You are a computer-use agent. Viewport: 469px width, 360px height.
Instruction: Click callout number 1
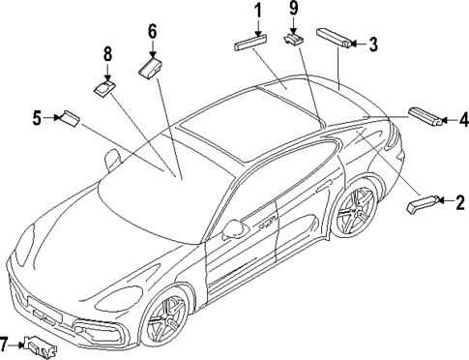coord(258,11)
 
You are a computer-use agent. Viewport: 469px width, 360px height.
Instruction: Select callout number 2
coord(459,202)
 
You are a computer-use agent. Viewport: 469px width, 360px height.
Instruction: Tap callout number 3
coord(373,43)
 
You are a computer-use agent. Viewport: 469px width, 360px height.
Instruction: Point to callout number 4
coord(463,120)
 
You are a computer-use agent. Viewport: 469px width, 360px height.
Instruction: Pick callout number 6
coord(152,31)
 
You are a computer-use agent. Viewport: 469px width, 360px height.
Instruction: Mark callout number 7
coord(6,342)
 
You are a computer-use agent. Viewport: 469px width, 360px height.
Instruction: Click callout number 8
coord(107,54)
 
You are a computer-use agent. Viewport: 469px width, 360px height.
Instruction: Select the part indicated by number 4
coord(425,116)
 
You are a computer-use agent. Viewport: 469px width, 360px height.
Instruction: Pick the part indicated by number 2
coord(423,203)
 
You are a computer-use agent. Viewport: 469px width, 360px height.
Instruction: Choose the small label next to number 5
coord(69,119)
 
